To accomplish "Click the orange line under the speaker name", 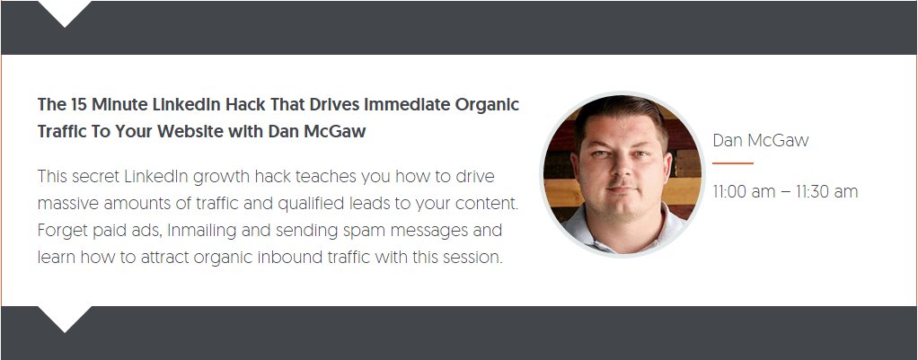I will (732, 163).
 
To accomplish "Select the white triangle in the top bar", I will (65, 13).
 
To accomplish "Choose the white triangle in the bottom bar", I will (65, 318).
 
